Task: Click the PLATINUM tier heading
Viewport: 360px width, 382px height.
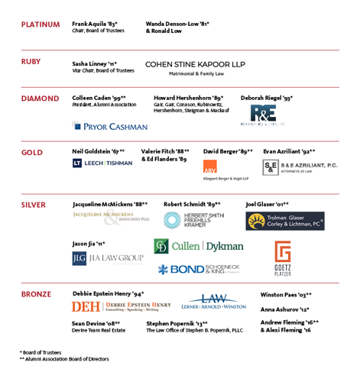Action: tap(41, 24)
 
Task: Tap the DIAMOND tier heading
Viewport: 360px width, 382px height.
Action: tap(40, 99)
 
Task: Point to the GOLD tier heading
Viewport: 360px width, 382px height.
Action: tap(32, 151)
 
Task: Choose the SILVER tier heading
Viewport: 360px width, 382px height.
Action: tap(34, 205)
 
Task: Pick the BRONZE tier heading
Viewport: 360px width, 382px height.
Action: tap(36, 293)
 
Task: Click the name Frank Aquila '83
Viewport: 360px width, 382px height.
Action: tap(95, 24)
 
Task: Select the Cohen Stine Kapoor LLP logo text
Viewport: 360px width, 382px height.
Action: tap(195, 65)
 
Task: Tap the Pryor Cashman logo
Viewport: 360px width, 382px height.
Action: tap(110, 126)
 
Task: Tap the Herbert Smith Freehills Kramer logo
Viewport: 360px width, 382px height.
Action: tap(194, 220)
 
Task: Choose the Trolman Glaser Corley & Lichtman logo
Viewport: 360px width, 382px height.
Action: tap(284, 221)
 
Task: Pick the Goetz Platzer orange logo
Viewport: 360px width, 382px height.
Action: tap(283, 257)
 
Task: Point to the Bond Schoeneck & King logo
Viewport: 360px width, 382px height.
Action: tap(200, 269)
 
